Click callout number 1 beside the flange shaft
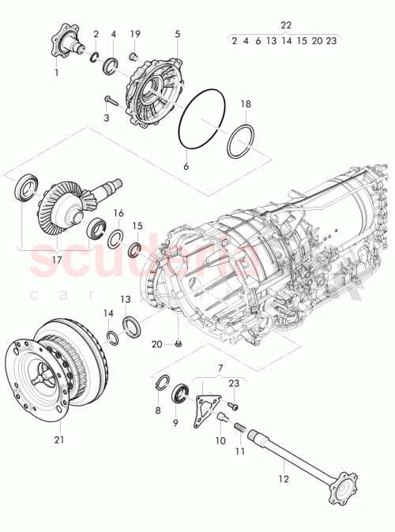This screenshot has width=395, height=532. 56,73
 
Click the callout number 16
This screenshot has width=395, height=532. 118,213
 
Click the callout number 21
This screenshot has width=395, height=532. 58,440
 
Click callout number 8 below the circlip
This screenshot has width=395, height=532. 158,410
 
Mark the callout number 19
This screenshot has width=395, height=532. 135,35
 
